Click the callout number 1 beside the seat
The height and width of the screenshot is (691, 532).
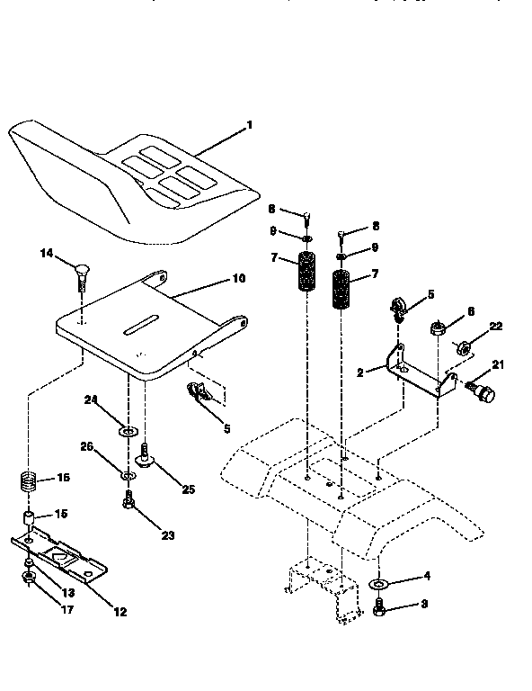249,125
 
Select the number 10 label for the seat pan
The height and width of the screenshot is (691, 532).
238,279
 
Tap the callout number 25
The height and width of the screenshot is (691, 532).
188,489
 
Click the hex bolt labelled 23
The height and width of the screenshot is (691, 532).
130,502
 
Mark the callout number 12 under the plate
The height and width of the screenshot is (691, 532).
120,611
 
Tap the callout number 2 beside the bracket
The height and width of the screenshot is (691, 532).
359,371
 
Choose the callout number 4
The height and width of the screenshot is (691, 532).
426,575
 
